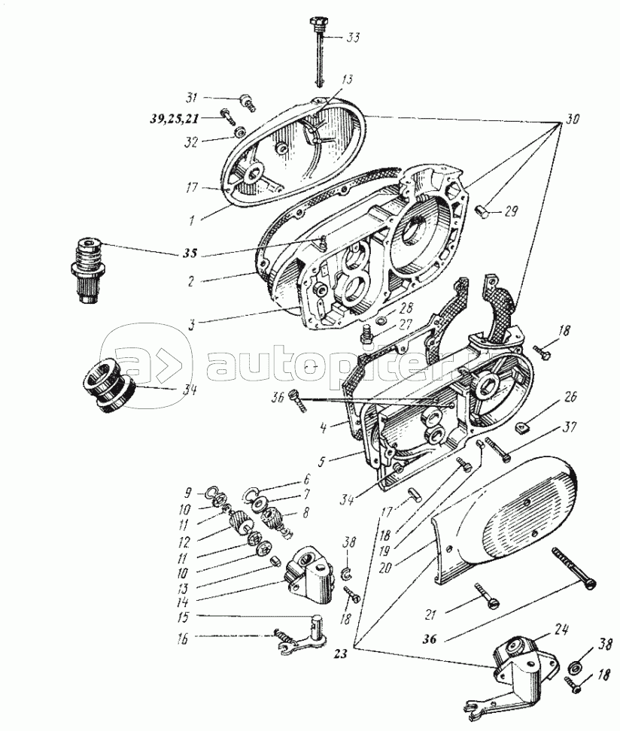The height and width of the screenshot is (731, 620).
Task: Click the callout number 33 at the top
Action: click(352, 37)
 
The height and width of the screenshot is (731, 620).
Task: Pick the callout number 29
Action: click(511, 211)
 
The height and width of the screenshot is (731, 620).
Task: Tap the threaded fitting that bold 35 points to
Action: click(89, 270)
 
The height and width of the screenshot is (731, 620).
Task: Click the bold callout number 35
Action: click(190, 253)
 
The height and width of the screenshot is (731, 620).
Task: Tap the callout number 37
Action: click(569, 427)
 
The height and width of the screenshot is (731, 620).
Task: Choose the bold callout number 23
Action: click(341, 654)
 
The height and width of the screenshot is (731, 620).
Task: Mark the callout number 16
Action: click(183, 639)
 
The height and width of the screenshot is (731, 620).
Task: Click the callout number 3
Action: click(192, 324)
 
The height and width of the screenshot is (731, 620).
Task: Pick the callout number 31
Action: click(192, 99)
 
